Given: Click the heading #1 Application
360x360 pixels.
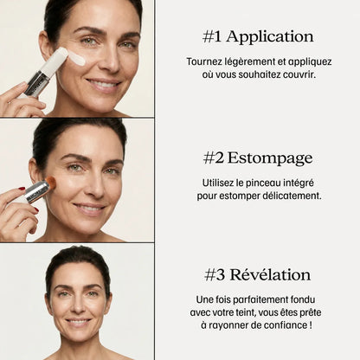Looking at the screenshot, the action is click(258, 36).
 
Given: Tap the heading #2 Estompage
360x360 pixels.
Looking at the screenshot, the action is click(258, 158).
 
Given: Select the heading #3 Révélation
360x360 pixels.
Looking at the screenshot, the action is click(258, 274).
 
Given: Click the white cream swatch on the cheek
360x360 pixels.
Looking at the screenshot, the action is click(76, 59).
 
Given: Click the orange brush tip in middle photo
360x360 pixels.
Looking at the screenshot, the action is click(51, 183).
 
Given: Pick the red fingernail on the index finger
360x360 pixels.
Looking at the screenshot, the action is click(22, 189).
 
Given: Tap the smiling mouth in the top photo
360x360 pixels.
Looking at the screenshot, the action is click(104, 84).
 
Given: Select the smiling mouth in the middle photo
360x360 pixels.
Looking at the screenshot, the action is click(89, 208).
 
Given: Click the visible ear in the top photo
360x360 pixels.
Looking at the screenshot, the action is click(44, 46).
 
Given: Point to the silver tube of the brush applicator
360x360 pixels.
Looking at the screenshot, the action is click(36, 192).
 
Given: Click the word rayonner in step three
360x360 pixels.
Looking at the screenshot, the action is click(228, 325).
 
